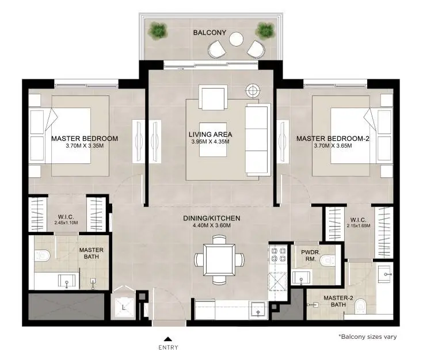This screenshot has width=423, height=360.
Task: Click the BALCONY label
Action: tap(209, 33)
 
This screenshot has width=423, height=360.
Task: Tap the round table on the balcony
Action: tap(237, 39)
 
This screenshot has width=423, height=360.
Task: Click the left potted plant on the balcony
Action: tap(158, 30)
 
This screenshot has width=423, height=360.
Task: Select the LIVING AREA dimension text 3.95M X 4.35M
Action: tap(211, 141)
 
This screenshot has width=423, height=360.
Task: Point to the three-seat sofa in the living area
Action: tap(258, 140)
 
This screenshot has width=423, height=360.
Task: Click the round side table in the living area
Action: tap(253, 91)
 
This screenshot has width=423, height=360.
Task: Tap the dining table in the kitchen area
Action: tap(219, 259)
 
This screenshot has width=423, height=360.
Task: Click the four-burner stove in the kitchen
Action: tap(278, 255)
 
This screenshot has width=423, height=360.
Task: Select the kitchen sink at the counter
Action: tap(258, 309)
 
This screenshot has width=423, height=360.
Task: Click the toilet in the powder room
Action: tap(327, 261)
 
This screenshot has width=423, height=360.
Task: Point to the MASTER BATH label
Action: tap(91, 253)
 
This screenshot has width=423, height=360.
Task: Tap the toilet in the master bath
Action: tap(42, 255)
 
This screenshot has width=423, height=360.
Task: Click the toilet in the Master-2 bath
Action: tap(360, 307)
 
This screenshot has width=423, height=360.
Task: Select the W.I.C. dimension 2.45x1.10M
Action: tap(66, 223)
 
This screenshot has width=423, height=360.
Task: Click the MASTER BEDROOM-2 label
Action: tap(333, 139)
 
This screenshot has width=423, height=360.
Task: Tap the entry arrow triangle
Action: tap(168, 339)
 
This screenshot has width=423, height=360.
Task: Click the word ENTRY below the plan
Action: tap(168, 347)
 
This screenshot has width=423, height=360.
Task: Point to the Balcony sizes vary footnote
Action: tap(367, 336)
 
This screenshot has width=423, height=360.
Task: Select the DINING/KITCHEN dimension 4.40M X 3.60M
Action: tap(212, 225)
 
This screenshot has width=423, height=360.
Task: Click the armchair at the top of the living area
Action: tap(213, 97)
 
